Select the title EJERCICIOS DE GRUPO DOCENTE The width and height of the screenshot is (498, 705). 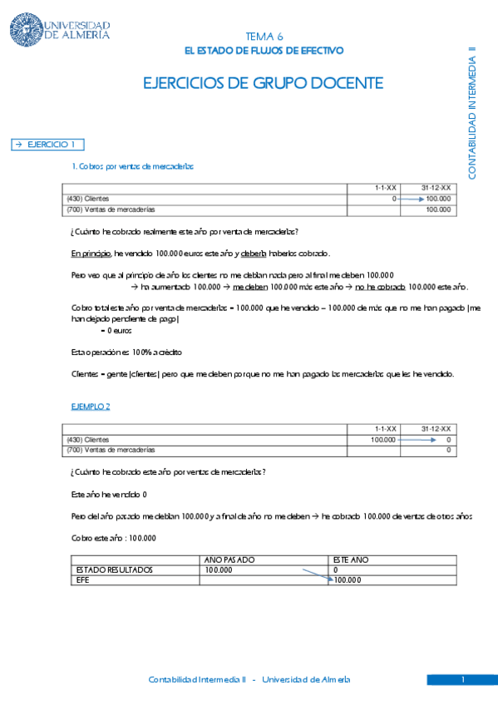point(264,83)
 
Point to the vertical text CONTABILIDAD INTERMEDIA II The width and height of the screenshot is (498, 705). point(471,112)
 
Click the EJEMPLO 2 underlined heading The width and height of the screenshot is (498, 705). point(91,406)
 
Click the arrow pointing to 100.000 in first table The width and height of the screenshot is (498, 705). point(411,200)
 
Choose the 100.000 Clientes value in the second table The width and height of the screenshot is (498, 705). point(383,439)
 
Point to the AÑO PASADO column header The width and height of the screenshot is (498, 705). point(229,560)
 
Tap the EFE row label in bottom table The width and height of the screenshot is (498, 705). point(82,580)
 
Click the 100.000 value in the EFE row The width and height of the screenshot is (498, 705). point(347,580)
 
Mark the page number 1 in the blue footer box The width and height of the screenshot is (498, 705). point(462,680)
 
